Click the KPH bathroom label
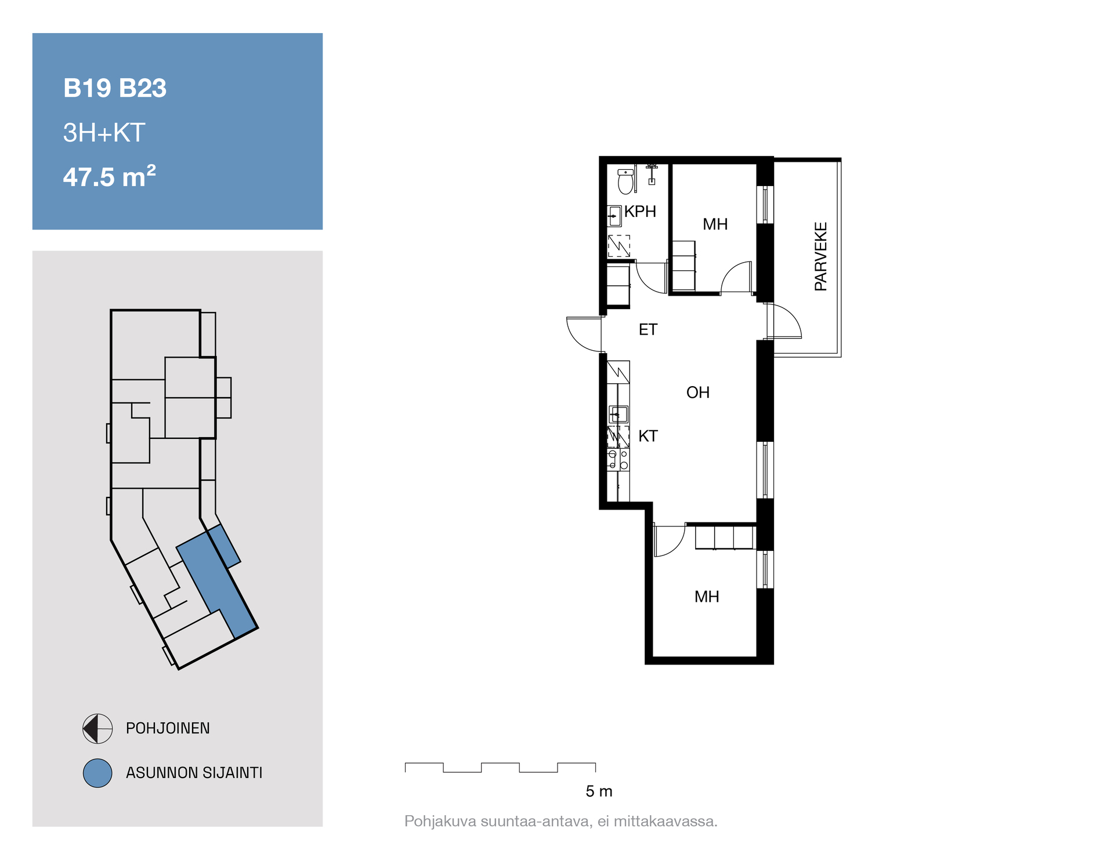pyautogui.click(x=640, y=212)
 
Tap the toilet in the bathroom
pyautogui.click(x=625, y=181)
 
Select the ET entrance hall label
pyautogui.click(x=648, y=330)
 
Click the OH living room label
pyautogui.click(x=698, y=393)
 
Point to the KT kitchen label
pyautogui.click(x=648, y=436)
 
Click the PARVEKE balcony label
pyautogui.click(x=820, y=256)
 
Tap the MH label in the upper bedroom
pyautogui.click(x=715, y=224)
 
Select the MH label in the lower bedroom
pyautogui.click(x=707, y=597)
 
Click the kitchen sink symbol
pyautogui.click(x=618, y=415)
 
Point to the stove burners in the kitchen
pyautogui.click(x=618, y=460)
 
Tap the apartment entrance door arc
pyautogui.click(x=576, y=339)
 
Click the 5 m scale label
pyautogui.click(x=599, y=791)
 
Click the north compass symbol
pyautogui.click(x=97, y=728)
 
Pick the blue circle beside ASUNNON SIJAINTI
pyautogui.click(x=97, y=773)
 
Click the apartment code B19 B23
pyautogui.click(x=115, y=88)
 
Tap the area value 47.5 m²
pyautogui.click(x=110, y=176)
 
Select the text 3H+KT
pyautogui.click(x=104, y=133)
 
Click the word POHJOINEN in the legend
pyautogui.click(x=168, y=728)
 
